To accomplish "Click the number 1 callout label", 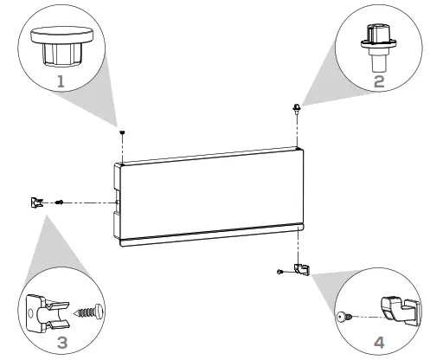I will [60, 81].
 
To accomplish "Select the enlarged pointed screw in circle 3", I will [90, 310].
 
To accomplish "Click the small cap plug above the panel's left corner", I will [123, 132].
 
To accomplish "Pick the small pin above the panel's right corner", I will [297, 108].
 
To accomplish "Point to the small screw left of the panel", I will [59, 203].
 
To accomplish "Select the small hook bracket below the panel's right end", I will [298, 269].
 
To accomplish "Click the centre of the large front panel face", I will [212, 196].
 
